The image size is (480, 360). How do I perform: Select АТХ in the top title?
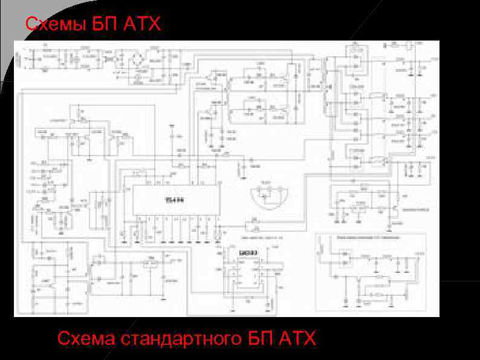point(143,24)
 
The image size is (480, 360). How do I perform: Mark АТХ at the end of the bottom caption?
point(297,338)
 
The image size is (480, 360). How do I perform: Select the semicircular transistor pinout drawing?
point(270,196)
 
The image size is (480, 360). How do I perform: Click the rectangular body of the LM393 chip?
point(245,275)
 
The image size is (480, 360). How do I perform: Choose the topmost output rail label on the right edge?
point(433,61)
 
